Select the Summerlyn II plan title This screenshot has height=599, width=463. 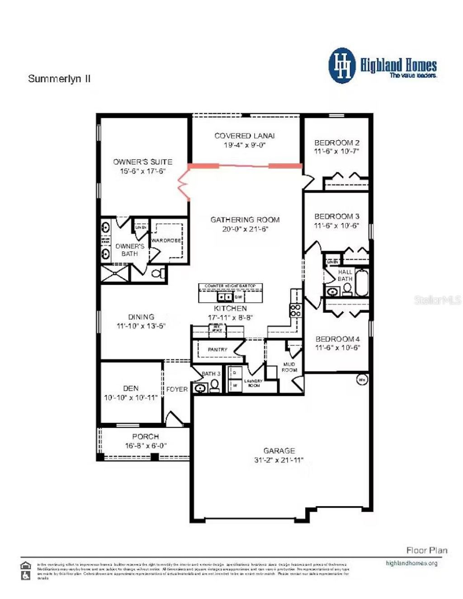point(59,79)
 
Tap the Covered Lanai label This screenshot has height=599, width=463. point(244,136)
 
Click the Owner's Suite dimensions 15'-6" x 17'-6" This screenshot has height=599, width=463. point(142,171)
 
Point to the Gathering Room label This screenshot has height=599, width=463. point(245,220)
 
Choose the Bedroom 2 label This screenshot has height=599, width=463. point(337,143)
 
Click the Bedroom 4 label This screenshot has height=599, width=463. point(337,339)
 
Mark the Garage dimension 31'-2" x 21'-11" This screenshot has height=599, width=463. point(279,460)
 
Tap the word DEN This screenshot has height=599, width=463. point(131,388)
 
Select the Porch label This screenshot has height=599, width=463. point(145,437)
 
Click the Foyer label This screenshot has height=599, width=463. point(177,389)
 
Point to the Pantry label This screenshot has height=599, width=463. point(217,350)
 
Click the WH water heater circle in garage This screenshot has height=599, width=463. point(362,380)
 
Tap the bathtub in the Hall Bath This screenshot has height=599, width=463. point(362,283)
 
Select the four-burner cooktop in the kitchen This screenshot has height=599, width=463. point(295,310)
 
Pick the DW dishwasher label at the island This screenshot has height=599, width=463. point(238,297)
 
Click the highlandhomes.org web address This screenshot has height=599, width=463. point(411,563)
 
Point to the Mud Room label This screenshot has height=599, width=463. point(289,367)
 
